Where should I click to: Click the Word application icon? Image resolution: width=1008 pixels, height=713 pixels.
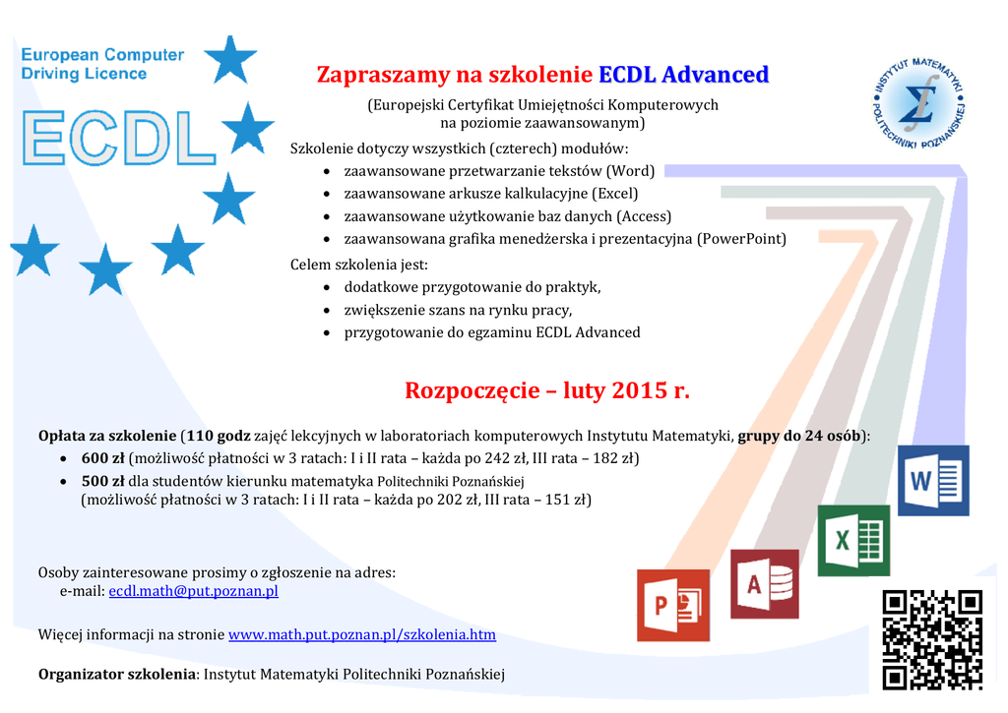tap(933, 480)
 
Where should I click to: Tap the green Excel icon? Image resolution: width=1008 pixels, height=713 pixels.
tap(853, 540)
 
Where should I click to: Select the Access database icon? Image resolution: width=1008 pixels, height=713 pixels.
tap(764, 584)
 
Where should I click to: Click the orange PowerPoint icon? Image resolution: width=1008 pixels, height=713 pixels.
tap(673, 605)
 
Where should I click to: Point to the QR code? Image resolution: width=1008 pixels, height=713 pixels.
tap(932, 640)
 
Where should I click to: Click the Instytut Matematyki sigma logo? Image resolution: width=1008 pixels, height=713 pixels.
tap(919, 102)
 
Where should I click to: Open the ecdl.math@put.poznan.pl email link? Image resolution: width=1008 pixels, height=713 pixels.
tap(194, 591)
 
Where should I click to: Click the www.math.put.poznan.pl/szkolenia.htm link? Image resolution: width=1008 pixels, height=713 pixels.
tap(362, 634)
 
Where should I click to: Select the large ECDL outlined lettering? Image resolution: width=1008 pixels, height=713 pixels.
tap(118, 138)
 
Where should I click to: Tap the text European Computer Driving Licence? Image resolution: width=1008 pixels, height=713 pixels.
tap(102, 64)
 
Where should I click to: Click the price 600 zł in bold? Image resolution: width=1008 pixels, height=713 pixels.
tap(102, 458)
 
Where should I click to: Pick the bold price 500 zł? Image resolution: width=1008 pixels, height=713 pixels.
tap(102, 481)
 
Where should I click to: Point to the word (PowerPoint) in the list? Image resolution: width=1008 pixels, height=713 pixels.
tap(742, 239)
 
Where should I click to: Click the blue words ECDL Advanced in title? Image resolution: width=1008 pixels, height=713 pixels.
tap(684, 75)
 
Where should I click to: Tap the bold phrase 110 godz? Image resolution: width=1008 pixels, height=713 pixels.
tap(219, 436)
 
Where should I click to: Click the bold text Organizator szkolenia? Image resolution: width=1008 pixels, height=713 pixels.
tap(117, 674)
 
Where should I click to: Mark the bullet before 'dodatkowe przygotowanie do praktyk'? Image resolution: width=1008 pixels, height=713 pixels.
tap(327, 288)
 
